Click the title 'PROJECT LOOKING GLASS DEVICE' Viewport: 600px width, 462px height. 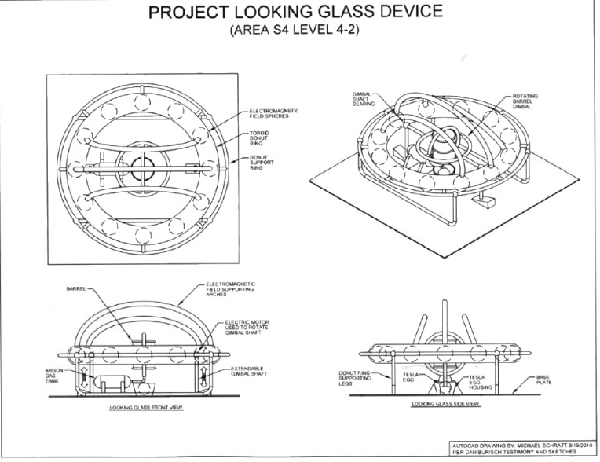(301, 14)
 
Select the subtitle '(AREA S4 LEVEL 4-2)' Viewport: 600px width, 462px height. (301, 34)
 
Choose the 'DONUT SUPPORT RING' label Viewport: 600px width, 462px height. (261, 163)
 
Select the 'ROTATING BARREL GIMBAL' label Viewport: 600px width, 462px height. (525, 101)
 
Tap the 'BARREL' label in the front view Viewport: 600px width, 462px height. (65, 288)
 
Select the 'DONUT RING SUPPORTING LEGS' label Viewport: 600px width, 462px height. (352, 379)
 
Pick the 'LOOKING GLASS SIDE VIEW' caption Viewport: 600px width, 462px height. (445, 405)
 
